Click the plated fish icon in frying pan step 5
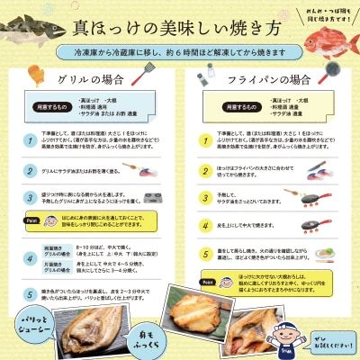(325, 251)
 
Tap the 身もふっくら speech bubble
(110, 337)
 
